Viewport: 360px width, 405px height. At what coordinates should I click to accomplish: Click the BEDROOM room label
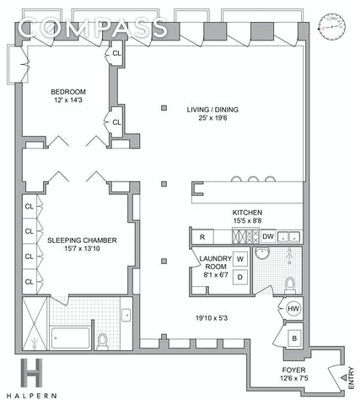[x=68, y=92]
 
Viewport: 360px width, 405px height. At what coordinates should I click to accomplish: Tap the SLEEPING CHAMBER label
[x=82, y=240]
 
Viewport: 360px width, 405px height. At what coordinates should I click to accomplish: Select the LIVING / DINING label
[x=212, y=110]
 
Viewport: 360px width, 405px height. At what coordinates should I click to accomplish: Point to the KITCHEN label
[x=247, y=213]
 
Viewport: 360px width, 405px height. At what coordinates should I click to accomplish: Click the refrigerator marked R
[x=202, y=237]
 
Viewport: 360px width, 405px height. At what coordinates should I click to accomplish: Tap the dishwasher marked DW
[x=268, y=236]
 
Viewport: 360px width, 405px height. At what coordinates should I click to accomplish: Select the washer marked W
[x=240, y=259]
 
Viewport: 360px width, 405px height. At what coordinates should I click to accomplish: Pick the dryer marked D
[x=240, y=278]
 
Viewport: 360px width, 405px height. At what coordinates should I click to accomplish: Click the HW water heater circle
[x=293, y=309]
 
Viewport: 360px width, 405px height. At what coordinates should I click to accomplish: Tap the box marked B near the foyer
[x=294, y=338]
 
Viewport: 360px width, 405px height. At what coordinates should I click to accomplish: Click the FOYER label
[x=293, y=370]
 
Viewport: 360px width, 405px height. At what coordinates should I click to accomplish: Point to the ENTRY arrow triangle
[x=343, y=377]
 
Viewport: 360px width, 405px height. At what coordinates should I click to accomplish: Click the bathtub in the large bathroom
[x=70, y=337]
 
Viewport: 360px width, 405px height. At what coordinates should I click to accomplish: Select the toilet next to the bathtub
[x=102, y=341]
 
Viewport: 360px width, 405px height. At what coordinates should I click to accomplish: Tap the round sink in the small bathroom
[x=262, y=252]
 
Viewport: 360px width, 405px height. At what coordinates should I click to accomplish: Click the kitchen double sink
[x=289, y=237]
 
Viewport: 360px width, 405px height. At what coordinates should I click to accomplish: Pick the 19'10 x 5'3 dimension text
[x=212, y=318]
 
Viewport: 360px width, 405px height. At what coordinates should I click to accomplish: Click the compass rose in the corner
[x=332, y=26]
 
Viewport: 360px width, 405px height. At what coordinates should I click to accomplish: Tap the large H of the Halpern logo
[x=31, y=373]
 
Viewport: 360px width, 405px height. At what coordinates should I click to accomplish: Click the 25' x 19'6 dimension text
[x=212, y=118]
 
